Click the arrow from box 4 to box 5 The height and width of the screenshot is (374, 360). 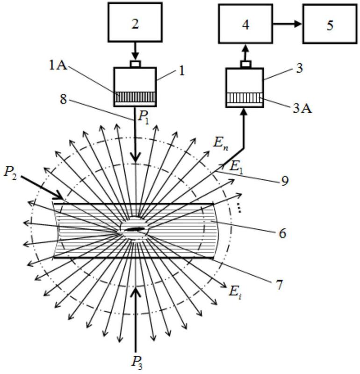click(x=288, y=23)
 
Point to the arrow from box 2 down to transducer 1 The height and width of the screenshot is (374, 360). click(x=135, y=51)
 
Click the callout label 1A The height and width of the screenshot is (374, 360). click(x=58, y=66)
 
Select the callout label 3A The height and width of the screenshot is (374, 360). click(x=302, y=109)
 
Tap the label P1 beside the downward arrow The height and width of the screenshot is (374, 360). click(x=144, y=118)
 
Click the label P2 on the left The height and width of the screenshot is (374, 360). click(x=10, y=173)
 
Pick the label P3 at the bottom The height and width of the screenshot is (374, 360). click(x=137, y=363)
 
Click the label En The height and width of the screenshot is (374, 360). click(x=221, y=144)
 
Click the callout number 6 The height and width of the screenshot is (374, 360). click(x=282, y=233)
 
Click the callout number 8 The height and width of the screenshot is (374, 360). click(x=64, y=99)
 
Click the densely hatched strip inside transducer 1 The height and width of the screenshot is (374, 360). click(x=135, y=97)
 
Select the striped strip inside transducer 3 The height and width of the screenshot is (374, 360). click(x=245, y=98)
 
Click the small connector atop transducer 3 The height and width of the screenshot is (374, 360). click(x=245, y=65)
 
